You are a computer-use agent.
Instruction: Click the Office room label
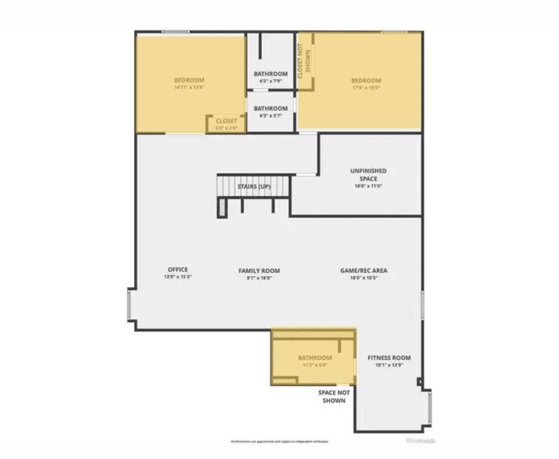point(178,269)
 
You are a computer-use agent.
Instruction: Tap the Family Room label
point(259,270)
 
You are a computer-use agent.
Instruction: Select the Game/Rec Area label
point(364,270)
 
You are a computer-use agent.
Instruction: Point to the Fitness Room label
point(389,358)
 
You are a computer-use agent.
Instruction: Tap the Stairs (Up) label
point(254,186)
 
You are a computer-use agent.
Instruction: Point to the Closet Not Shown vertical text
point(304,61)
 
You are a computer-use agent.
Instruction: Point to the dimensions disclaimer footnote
point(279,441)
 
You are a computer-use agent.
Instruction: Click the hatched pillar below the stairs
point(222,207)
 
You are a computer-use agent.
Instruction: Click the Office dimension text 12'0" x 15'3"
point(178,277)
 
